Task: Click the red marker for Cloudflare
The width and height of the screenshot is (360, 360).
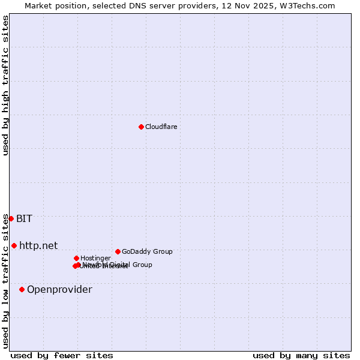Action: point(141,127)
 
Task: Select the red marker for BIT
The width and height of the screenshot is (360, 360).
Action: point(11,218)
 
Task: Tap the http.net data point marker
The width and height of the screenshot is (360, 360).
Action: point(14,245)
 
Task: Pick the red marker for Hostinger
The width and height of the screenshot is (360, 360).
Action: point(76,258)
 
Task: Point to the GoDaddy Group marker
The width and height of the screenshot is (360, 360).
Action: point(118,251)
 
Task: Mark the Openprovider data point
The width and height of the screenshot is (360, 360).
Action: point(22,289)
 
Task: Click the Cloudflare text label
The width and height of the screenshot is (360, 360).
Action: point(161,127)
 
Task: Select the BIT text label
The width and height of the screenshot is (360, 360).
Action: point(24,218)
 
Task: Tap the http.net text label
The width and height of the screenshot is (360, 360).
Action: point(38,245)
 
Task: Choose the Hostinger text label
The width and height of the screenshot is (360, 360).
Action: point(95,258)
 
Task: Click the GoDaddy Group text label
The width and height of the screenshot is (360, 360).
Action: point(147,251)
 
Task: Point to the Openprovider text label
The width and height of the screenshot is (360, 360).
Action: point(59,289)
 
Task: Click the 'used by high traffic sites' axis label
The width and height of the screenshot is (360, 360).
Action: point(5,86)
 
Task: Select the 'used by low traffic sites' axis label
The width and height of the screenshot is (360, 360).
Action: point(5,280)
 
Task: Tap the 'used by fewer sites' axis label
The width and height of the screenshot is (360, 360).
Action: point(62,355)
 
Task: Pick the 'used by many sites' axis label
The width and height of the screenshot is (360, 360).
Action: point(301,355)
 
